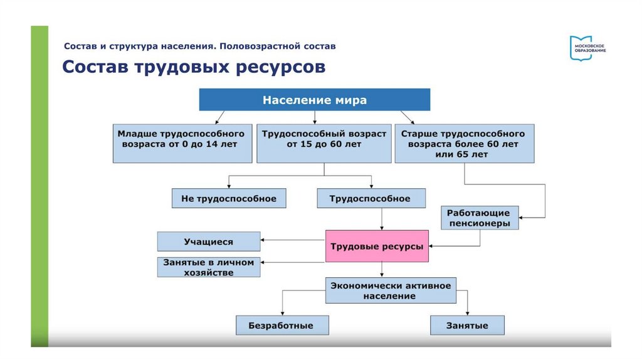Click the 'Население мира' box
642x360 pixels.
coord(314,100)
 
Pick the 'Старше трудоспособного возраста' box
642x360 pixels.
coord(464,144)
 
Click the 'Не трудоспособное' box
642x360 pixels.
coord(228,198)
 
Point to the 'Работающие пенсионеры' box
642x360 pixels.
coord(479,218)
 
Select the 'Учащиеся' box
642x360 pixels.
coord(208,241)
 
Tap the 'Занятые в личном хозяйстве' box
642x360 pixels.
coord(208,267)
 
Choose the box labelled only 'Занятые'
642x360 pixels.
coord(467,326)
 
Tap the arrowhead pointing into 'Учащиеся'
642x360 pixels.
coord(263,240)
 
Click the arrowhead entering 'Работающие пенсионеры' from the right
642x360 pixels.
coord(522,218)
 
